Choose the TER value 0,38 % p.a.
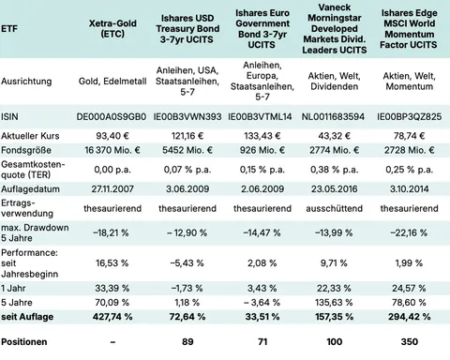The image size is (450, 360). coord(332,170)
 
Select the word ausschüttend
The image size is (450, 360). coord(332,208)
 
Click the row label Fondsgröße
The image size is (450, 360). coord(26,150)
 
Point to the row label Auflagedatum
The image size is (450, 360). coord(30,188)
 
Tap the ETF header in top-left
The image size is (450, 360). coord(11,28)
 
